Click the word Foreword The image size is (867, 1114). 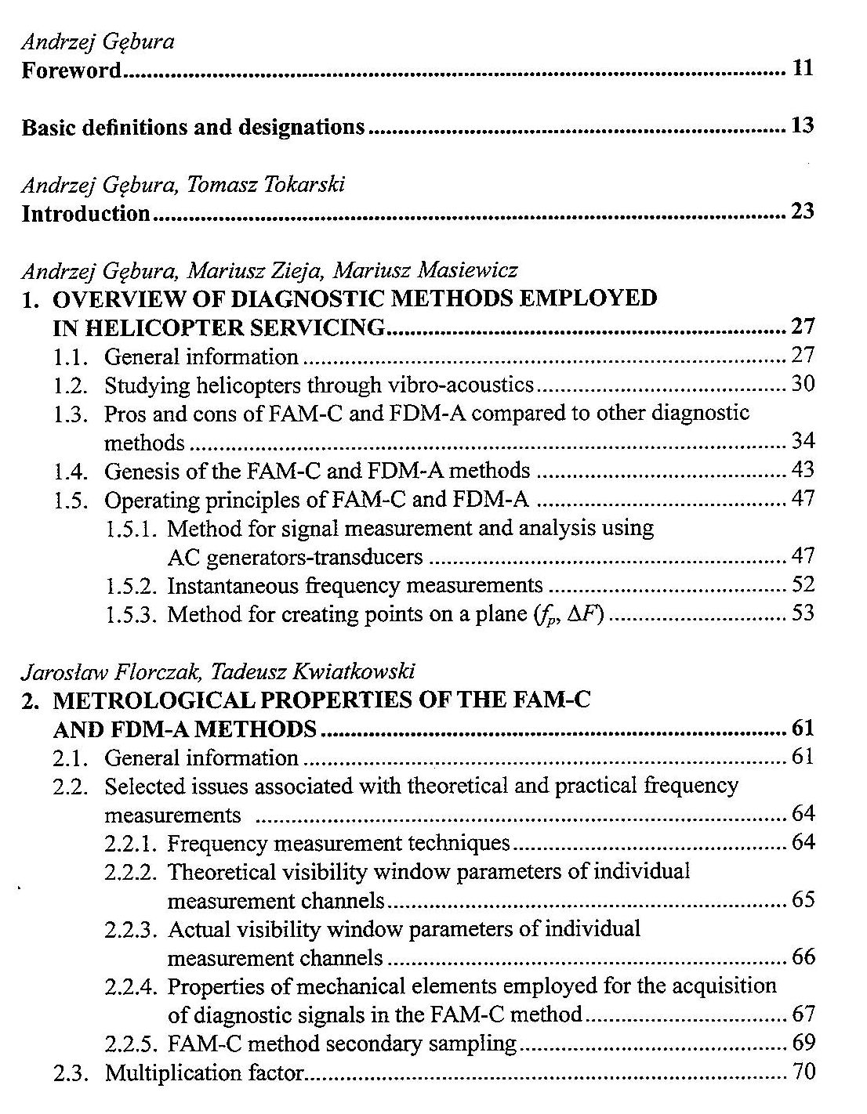pyautogui.click(x=71, y=71)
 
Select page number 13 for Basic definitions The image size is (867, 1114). pyautogui.click(x=803, y=125)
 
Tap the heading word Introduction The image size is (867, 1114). pyautogui.click(x=85, y=213)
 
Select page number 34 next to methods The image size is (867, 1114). pyautogui.click(x=803, y=442)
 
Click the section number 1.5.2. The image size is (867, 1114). pyautogui.click(x=132, y=585)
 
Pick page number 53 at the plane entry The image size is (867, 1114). pyautogui.click(x=803, y=613)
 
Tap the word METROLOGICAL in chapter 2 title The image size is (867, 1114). pyautogui.click(x=142, y=700)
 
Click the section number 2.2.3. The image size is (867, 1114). pyautogui.click(x=132, y=930)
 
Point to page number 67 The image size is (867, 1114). pyautogui.click(x=804, y=1015)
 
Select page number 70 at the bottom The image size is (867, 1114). pyautogui.click(x=804, y=1072)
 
